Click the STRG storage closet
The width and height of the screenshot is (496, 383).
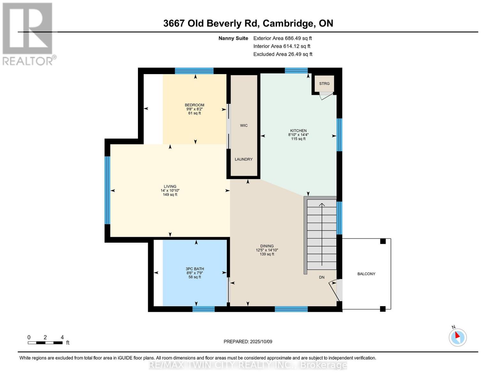pos(324,84)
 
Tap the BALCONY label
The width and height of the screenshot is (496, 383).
pos(366,274)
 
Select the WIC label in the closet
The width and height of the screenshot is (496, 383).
pos(244,125)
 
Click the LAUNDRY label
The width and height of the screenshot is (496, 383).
pos(244,159)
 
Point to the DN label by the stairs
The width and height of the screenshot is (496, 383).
pos(322,277)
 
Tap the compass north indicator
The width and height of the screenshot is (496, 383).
pos(457,337)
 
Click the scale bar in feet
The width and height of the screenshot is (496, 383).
pos(45,342)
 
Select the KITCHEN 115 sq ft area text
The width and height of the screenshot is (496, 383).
pos(298,139)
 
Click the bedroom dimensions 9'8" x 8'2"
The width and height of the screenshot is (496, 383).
pos(195,109)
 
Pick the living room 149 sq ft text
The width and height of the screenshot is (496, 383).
pos(170,195)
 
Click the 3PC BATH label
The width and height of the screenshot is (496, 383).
pos(195,269)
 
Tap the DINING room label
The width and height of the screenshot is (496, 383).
pos(267,246)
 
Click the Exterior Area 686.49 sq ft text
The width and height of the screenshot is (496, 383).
pos(282,38)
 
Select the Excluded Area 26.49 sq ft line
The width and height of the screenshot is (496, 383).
pos(283,54)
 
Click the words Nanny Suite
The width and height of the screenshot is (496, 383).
pos(233,38)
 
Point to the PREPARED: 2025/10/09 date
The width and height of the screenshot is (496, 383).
pos(248,342)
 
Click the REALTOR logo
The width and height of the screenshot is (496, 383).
pos(28,34)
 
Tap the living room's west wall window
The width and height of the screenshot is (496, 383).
pos(108,190)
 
